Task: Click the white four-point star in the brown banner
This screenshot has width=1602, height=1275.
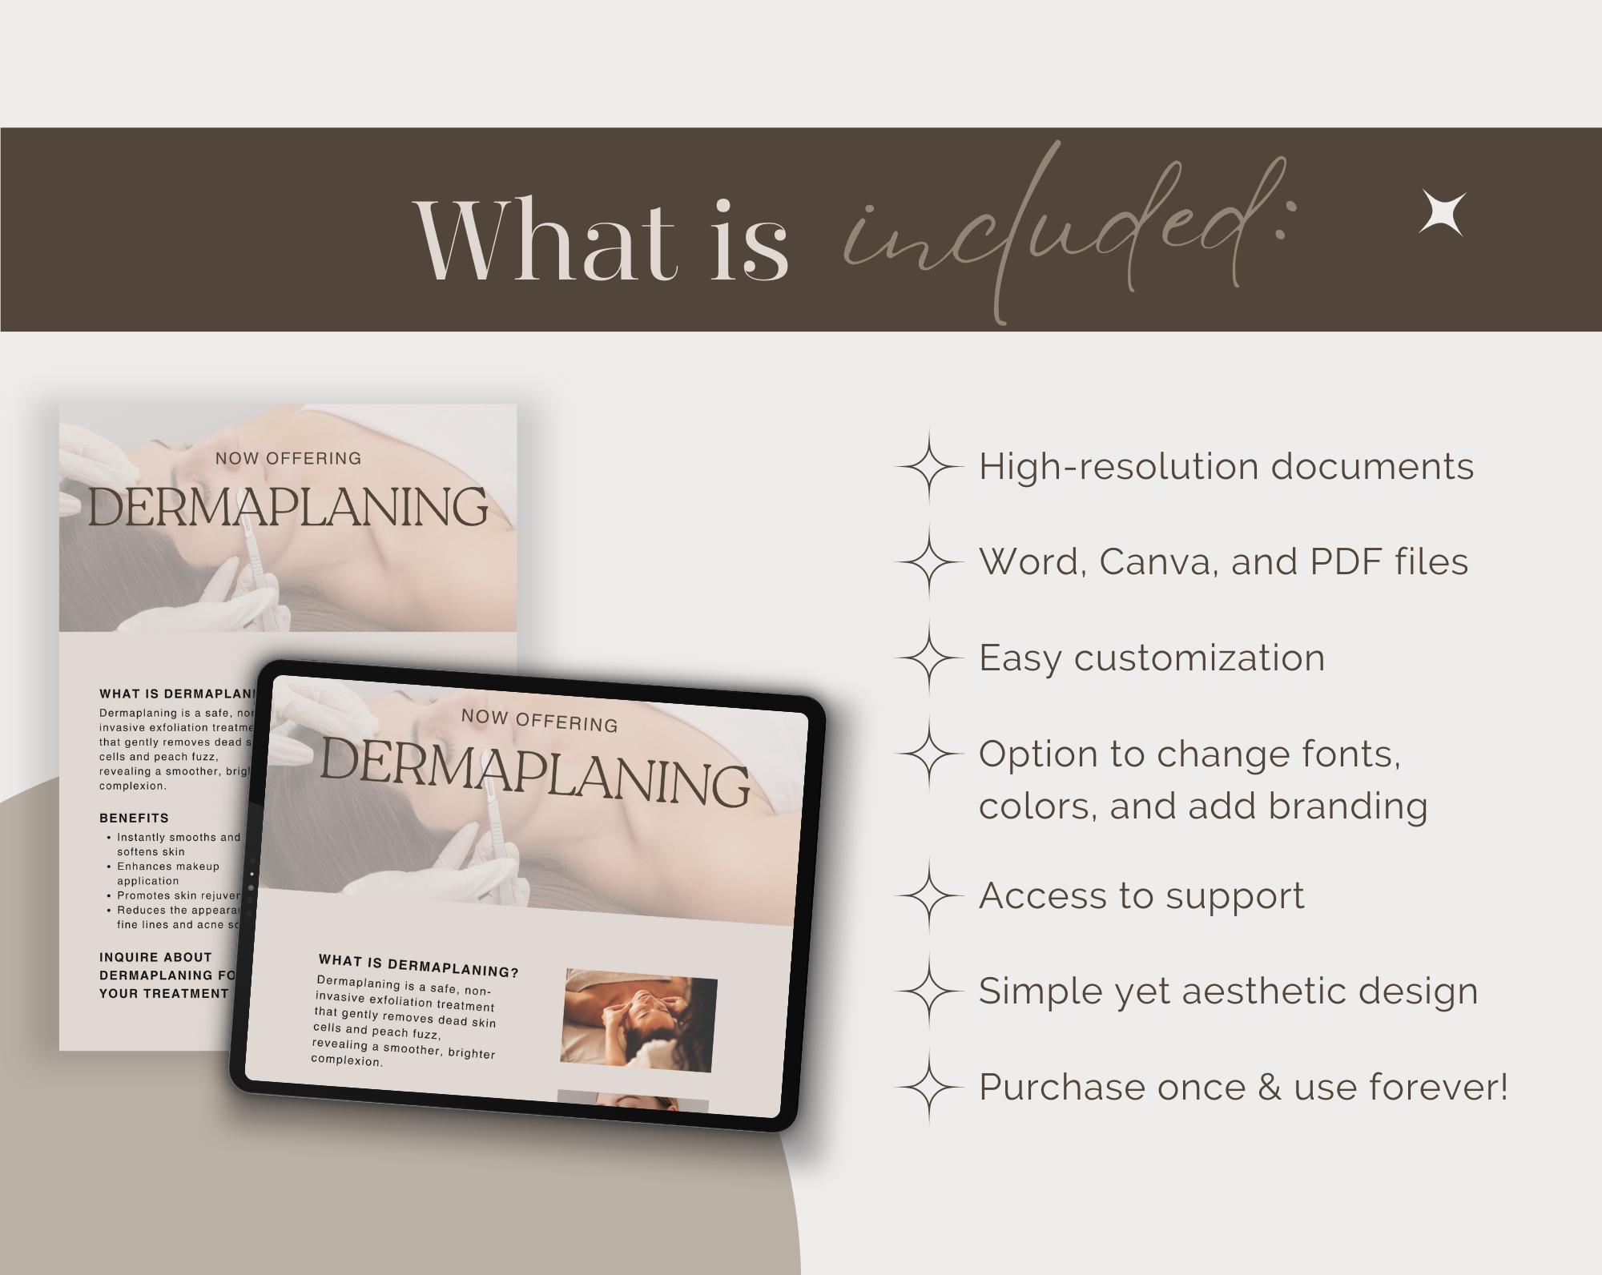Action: coord(1442,214)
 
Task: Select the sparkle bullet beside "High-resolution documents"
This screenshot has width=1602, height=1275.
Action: coord(929,467)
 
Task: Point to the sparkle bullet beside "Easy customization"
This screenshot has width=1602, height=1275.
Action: coord(929,658)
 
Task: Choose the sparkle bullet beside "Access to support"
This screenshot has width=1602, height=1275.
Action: coord(929,895)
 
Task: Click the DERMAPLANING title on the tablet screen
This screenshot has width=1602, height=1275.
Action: coord(535,771)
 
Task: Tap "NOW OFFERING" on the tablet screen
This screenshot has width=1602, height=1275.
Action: coord(539,720)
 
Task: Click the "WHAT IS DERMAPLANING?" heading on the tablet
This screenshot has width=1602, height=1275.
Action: coord(419,966)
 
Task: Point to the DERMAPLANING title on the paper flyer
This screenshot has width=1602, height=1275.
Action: coord(288,507)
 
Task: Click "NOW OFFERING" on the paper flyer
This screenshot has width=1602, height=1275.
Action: coord(288,459)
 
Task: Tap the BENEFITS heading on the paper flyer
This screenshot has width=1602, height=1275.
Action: coord(134,818)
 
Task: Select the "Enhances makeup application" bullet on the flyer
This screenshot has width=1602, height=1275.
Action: coord(168,873)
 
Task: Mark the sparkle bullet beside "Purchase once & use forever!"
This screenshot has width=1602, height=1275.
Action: coord(929,1087)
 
